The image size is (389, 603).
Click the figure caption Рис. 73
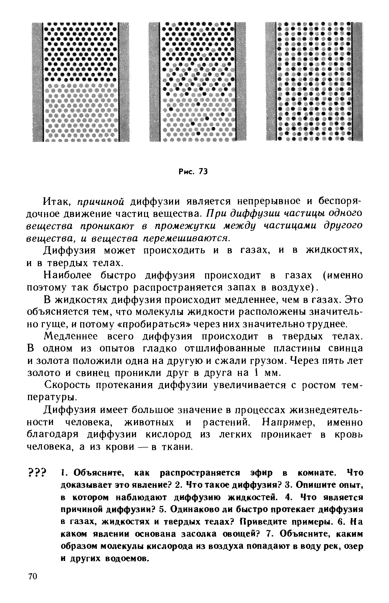tap(193, 172)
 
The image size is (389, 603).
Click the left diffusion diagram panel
tap(81, 82)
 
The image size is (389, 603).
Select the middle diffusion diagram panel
tap(197, 82)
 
